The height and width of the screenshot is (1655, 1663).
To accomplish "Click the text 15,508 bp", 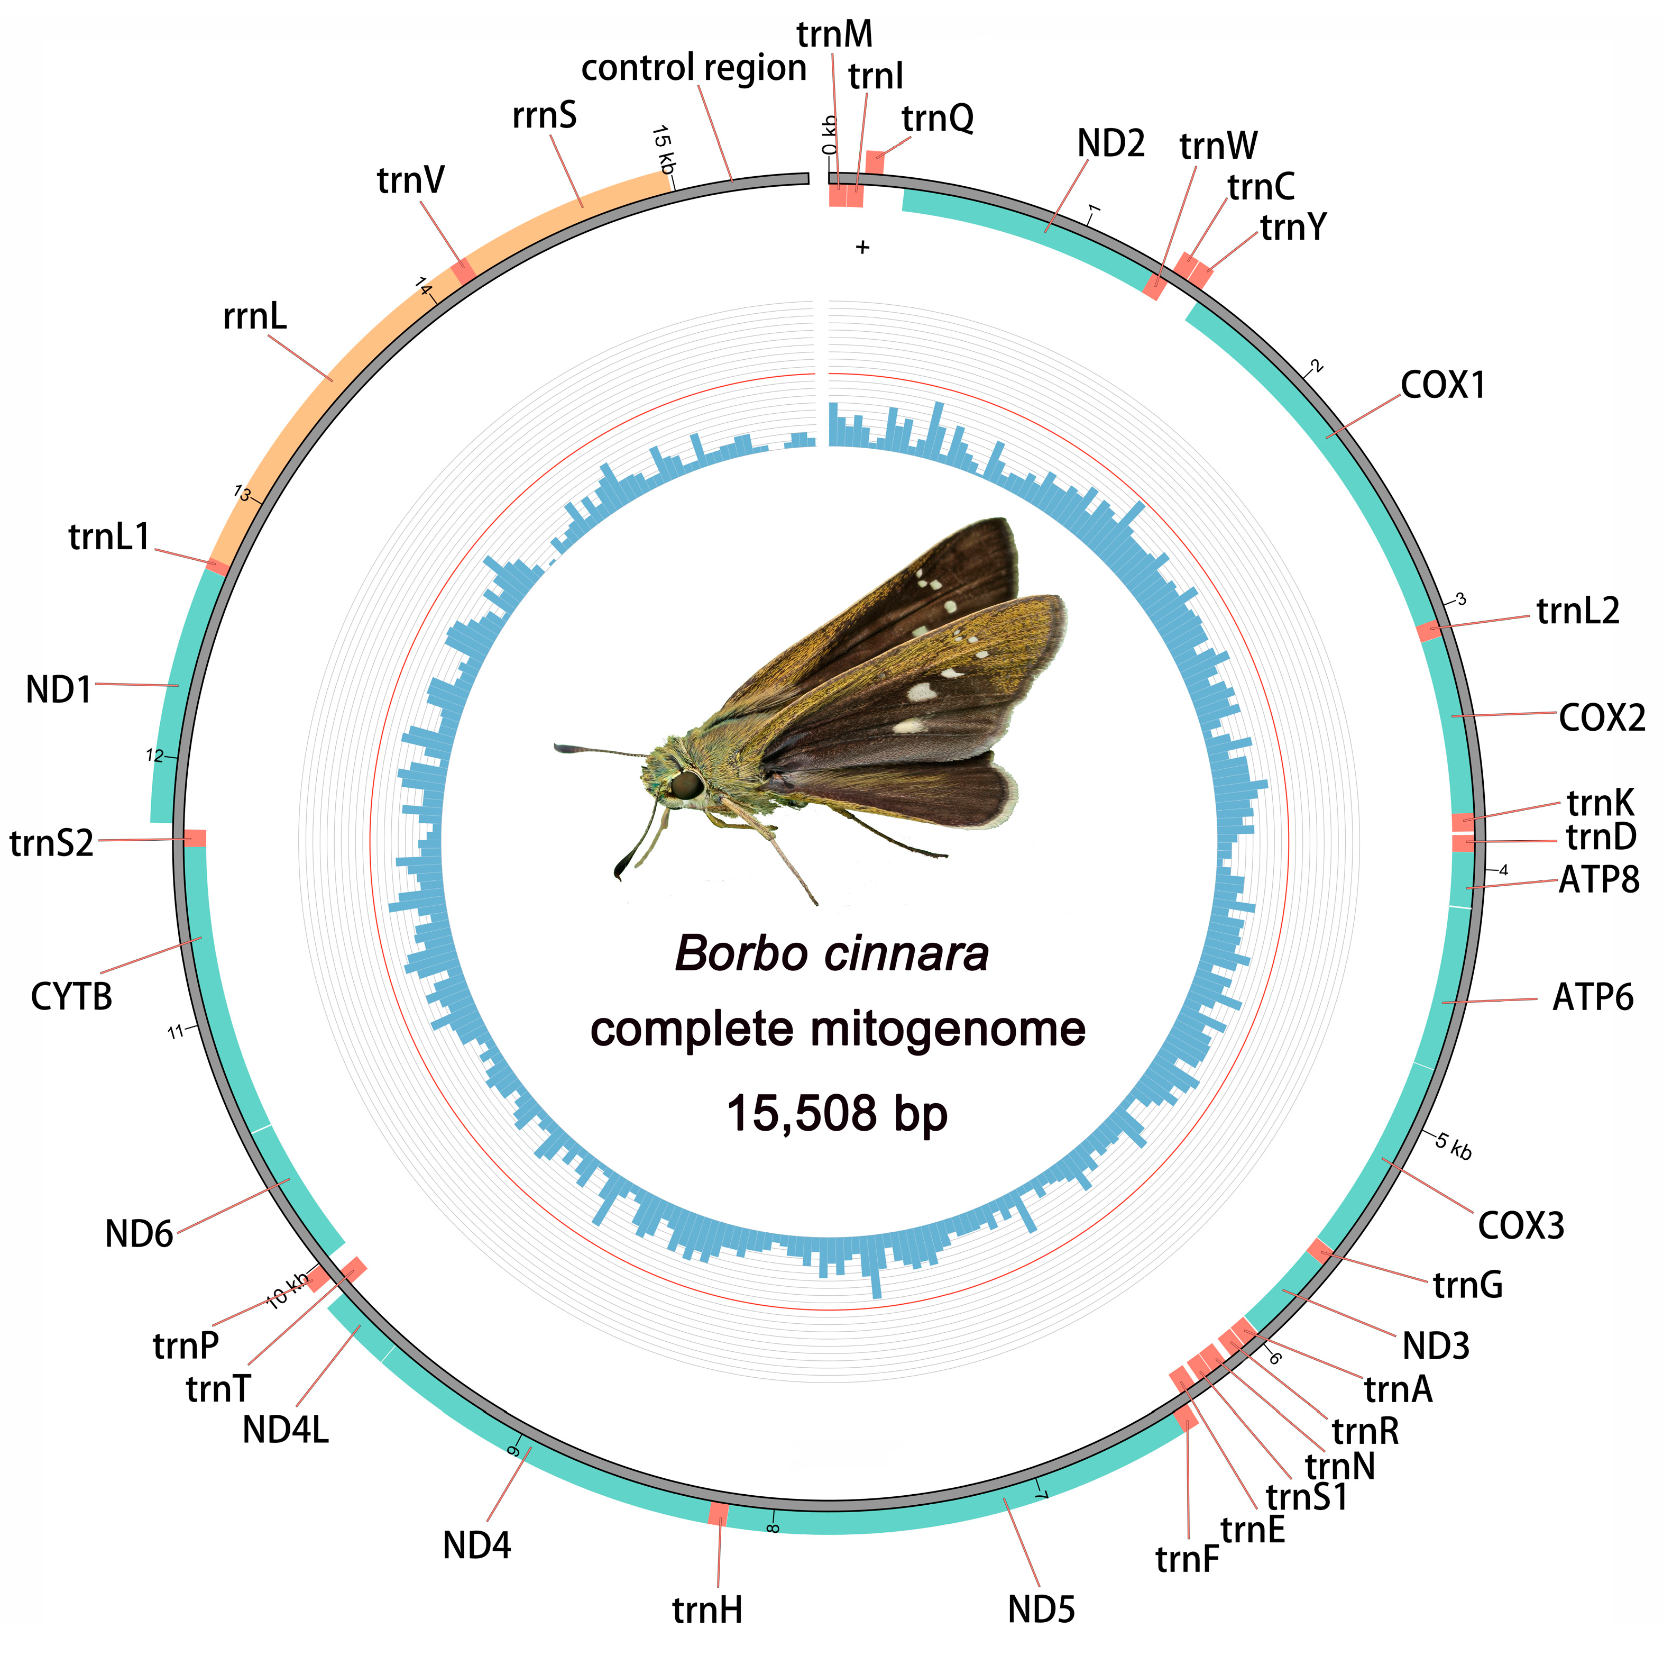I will coord(837,1113).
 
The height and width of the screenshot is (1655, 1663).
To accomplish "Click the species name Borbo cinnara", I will coord(831,953).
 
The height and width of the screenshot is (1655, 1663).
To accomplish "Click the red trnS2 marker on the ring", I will coord(196,838).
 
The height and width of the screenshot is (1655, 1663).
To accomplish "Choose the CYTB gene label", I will coord(71,996).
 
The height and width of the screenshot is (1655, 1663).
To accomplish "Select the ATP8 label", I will coord(1598,880).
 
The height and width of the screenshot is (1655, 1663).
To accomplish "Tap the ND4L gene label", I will coord(285,1430).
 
